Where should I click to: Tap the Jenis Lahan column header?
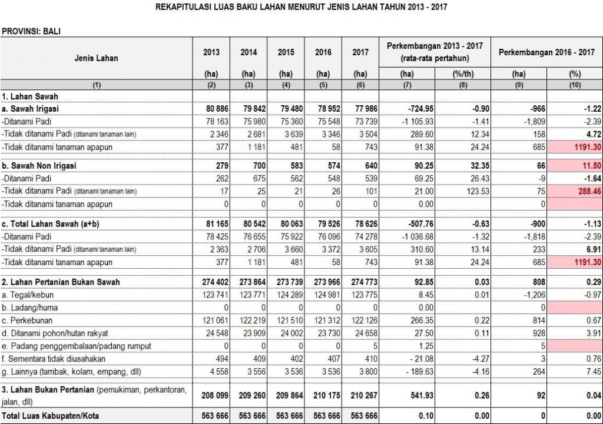(x=97, y=58)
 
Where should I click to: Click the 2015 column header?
(x=286, y=52)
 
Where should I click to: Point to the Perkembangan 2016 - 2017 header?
(x=546, y=52)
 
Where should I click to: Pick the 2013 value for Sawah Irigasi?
(x=211, y=109)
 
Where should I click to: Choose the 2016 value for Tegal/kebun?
(x=323, y=295)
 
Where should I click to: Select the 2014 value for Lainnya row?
(x=249, y=372)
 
